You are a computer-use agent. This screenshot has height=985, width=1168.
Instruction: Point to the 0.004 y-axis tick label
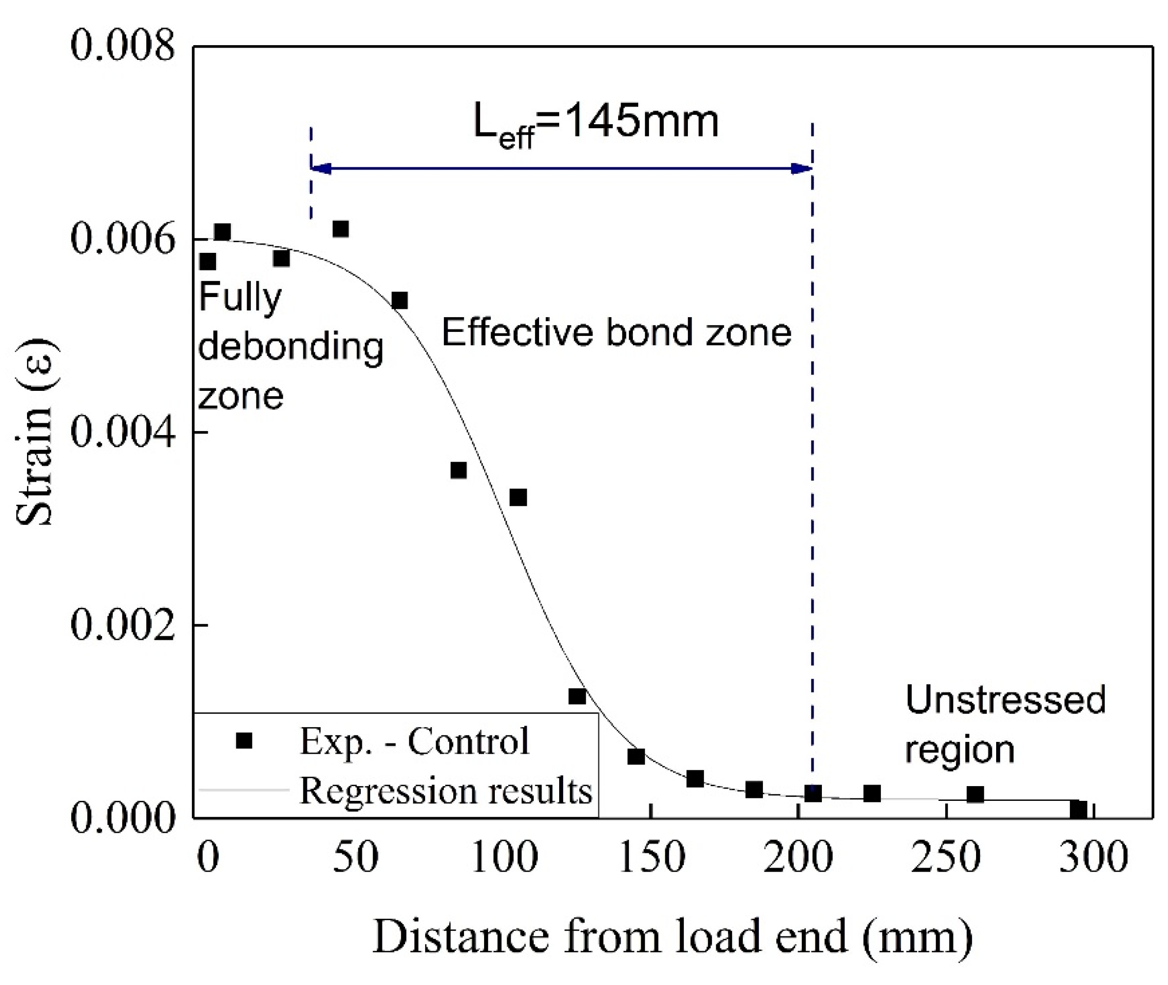coord(122,432)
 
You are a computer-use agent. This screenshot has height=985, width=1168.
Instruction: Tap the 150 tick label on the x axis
coord(652,858)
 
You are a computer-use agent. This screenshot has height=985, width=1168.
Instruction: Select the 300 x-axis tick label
coord(1094,858)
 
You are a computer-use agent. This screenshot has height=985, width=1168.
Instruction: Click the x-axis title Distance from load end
coord(672,938)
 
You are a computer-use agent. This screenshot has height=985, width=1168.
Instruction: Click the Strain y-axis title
coord(35,433)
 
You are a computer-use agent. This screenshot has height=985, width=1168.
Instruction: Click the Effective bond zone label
coord(616,333)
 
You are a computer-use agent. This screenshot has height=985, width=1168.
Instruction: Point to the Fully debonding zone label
coord(290,346)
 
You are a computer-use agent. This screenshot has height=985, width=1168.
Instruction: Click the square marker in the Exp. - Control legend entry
coord(244,740)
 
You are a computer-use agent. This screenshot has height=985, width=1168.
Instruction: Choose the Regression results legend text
coord(445,791)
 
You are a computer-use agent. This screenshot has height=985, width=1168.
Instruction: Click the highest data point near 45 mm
coord(341,229)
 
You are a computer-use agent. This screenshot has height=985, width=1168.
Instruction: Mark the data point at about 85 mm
coord(459,470)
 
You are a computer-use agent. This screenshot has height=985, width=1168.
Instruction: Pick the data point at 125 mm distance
coord(577,696)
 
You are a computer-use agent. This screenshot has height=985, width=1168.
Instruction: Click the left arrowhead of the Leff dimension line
coord(321,168)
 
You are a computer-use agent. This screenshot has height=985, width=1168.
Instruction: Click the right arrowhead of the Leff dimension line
coord(802,168)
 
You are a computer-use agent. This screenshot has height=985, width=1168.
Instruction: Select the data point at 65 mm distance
coord(399,301)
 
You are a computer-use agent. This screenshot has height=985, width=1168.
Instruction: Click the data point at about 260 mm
coord(975,794)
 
